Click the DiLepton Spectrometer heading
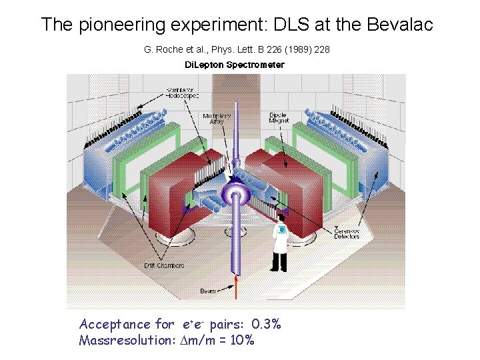(x=234, y=65)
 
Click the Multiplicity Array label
(x=217, y=119)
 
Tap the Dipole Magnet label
(x=278, y=119)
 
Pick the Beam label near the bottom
(x=209, y=291)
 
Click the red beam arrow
(x=237, y=288)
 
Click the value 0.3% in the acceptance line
(x=266, y=325)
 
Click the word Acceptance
(x=115, y=325)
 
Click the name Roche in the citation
(x=171, y=50)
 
